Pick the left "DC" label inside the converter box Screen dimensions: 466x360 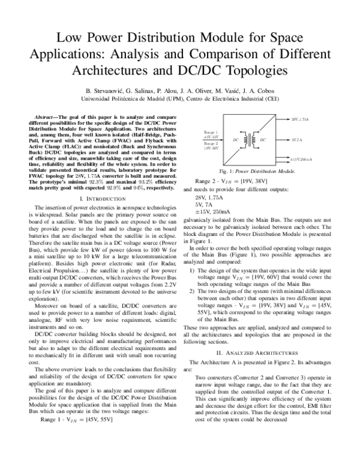236,140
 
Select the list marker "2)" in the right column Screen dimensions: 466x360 192,290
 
